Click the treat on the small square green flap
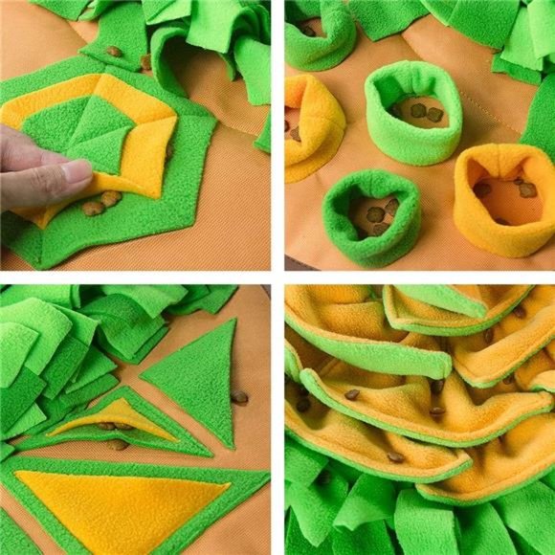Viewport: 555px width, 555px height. coord(114,51)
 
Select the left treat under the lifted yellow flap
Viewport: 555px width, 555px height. coord(93,207)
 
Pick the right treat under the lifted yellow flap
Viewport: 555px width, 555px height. coord(112,198)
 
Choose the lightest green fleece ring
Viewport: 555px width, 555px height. coord(411,110)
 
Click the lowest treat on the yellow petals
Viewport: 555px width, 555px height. coord(395,457)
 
